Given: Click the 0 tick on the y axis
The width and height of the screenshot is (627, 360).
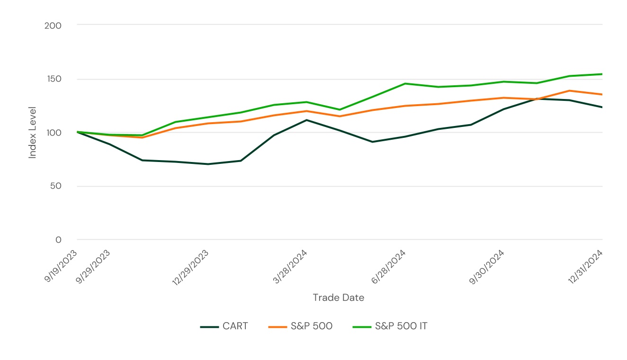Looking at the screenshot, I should [59, 240].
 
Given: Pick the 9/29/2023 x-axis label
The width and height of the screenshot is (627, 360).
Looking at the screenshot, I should [94, 266].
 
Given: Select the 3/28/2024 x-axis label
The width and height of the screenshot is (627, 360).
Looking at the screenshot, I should [290, 267].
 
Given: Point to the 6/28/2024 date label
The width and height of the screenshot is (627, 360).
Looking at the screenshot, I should [389, 267].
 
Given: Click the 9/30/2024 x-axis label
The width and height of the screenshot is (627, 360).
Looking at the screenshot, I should [487, 267].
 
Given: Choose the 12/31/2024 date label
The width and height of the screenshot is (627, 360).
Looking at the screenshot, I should [585, 267].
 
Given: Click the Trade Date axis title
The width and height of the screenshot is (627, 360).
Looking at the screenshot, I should [338, 297].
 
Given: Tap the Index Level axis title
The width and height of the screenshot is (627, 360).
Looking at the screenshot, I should [32, 133].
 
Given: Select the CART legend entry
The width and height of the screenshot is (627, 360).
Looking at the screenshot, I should [224, 326].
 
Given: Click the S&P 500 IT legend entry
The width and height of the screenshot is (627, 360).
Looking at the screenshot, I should [390, 326].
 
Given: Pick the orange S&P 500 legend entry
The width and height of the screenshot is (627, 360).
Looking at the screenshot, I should [300, 326].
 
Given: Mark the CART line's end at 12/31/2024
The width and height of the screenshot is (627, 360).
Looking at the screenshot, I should [602, 107].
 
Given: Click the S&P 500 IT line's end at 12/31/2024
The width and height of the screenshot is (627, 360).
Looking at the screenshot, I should [602, 74].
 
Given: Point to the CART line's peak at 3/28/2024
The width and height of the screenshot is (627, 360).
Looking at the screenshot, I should [306, 120].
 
